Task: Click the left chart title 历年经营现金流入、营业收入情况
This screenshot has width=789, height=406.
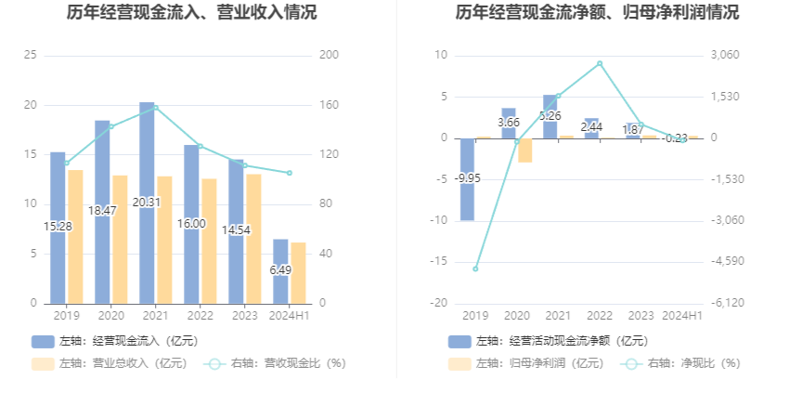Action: pos(192,13)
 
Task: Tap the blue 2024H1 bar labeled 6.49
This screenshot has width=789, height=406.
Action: pos(280,270)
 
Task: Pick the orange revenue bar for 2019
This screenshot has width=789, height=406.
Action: pos(75,236)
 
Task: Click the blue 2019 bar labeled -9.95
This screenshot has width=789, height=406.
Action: pos(468,179)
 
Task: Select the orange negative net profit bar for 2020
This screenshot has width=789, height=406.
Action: pos(525,150)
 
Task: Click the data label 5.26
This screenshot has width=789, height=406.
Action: pos(550,116)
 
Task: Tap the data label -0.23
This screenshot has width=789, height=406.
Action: pos(675,138)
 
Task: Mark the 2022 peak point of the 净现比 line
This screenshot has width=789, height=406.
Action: pos(600,63)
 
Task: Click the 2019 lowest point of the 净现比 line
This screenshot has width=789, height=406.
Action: pos(475,268)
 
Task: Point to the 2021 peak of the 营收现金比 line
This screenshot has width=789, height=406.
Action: pos(155,108)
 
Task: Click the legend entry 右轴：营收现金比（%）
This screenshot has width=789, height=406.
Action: pos(275,363)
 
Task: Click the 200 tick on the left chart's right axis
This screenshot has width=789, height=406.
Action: pos(329,56)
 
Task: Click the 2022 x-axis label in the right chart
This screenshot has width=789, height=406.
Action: pos(600,316)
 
